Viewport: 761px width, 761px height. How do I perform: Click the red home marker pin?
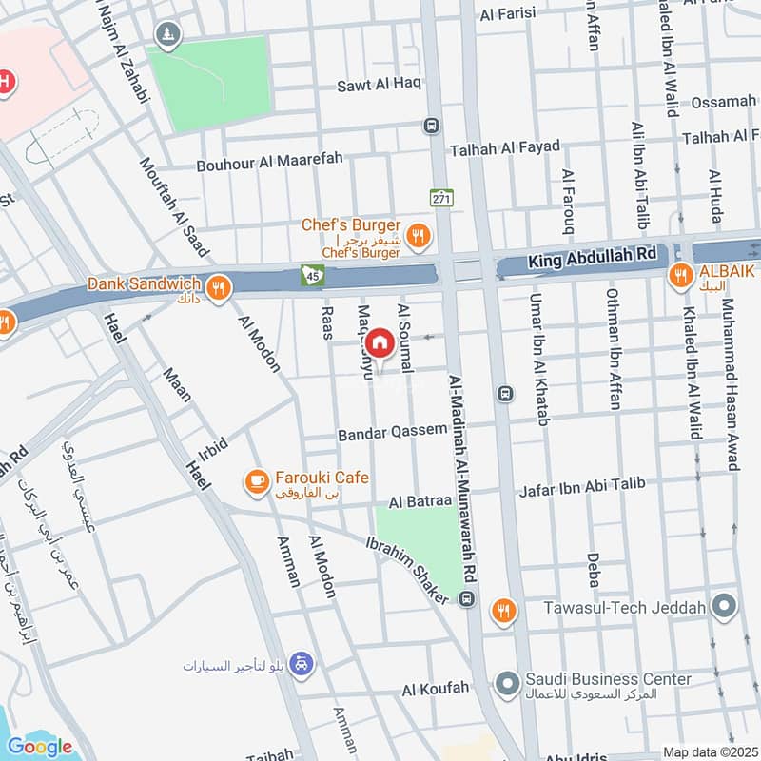click(x=380, y=343)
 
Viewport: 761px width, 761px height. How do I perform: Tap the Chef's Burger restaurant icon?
click(x=416, y=234)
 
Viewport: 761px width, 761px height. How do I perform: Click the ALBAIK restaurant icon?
click(x=680, y=276)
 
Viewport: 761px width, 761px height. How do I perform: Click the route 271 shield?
click(x=440, y=198)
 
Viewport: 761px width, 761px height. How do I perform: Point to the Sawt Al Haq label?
click(x=379, y=85)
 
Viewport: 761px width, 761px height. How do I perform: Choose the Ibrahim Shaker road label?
click(x=407, y=570)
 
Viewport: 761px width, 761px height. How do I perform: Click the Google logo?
click(x=39, y=746)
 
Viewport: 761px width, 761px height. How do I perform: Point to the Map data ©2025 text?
click(x=708, y=751)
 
